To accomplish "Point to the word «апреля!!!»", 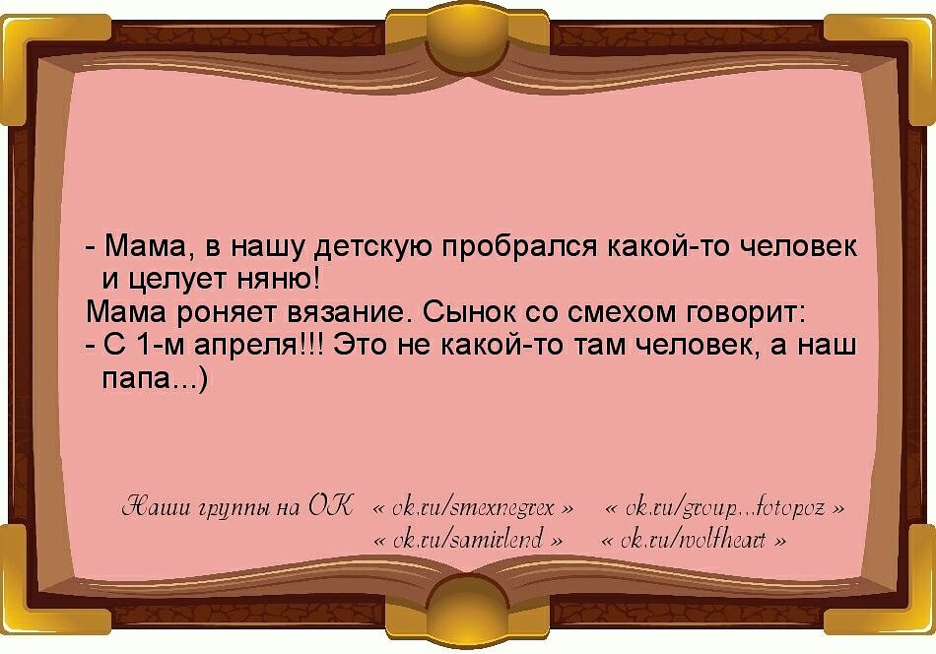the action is point(260,346).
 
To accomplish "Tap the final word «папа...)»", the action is point(155,378).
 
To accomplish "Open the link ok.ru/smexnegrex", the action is point(474,508).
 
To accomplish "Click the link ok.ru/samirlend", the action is point(468,540).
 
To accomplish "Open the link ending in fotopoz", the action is point(725,509).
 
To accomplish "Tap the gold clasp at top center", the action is point(467,35).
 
